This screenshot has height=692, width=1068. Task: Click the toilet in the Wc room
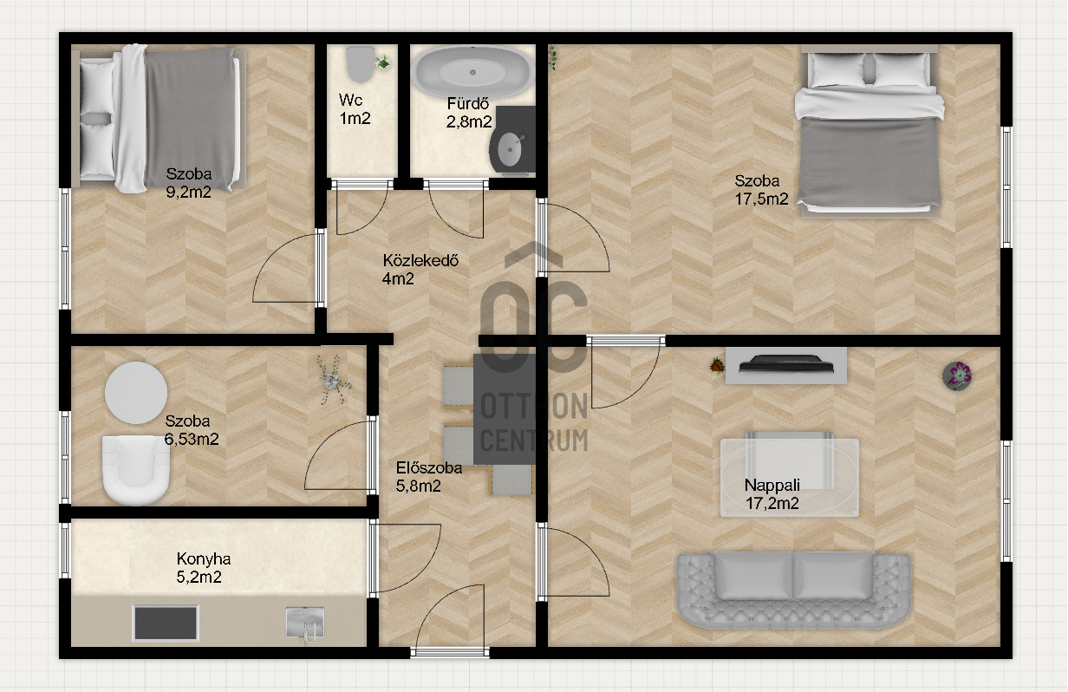[x=360, y=63]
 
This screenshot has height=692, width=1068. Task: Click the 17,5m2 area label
[x=761, y=199]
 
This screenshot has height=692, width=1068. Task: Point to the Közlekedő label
[x=420, y=260]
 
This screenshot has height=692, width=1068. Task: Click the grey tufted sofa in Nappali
[x=794, y=590]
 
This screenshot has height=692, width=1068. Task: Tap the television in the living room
[x=786, y=364]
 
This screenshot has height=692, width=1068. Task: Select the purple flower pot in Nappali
[x=957, y=375]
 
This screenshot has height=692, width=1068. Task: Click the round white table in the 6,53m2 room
[x=136, y=393]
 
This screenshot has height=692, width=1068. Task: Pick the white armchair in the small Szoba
[x=136, y=470]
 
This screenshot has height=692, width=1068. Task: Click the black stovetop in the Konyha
[x=166, y=623]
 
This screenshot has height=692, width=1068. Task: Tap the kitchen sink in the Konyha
[x=305, y=623]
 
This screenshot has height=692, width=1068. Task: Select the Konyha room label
[x=204, y=558]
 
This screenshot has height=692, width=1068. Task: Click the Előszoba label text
[x=429, y=468]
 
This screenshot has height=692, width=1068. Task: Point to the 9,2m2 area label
[x=188, y=193]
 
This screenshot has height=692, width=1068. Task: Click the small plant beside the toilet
[x=383, y=62]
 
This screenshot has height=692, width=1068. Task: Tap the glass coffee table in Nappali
[x=790, y=478]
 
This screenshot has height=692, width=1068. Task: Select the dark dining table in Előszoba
[x=504, y=409]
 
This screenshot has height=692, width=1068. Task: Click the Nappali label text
[x=772, y=486]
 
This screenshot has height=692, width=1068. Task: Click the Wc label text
[x=350, y=100]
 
